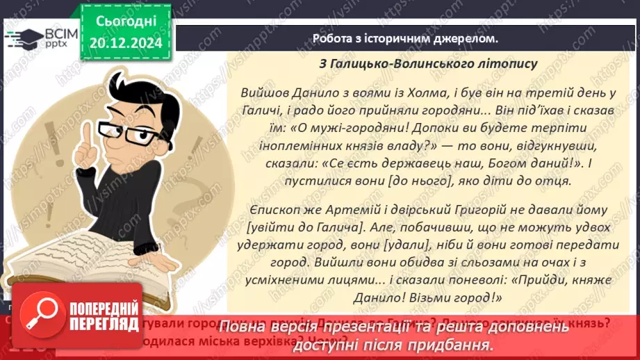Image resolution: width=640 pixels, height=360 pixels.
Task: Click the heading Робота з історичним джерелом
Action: tap(406, 38)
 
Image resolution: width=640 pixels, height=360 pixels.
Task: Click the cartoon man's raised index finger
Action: tap(85, 136)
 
